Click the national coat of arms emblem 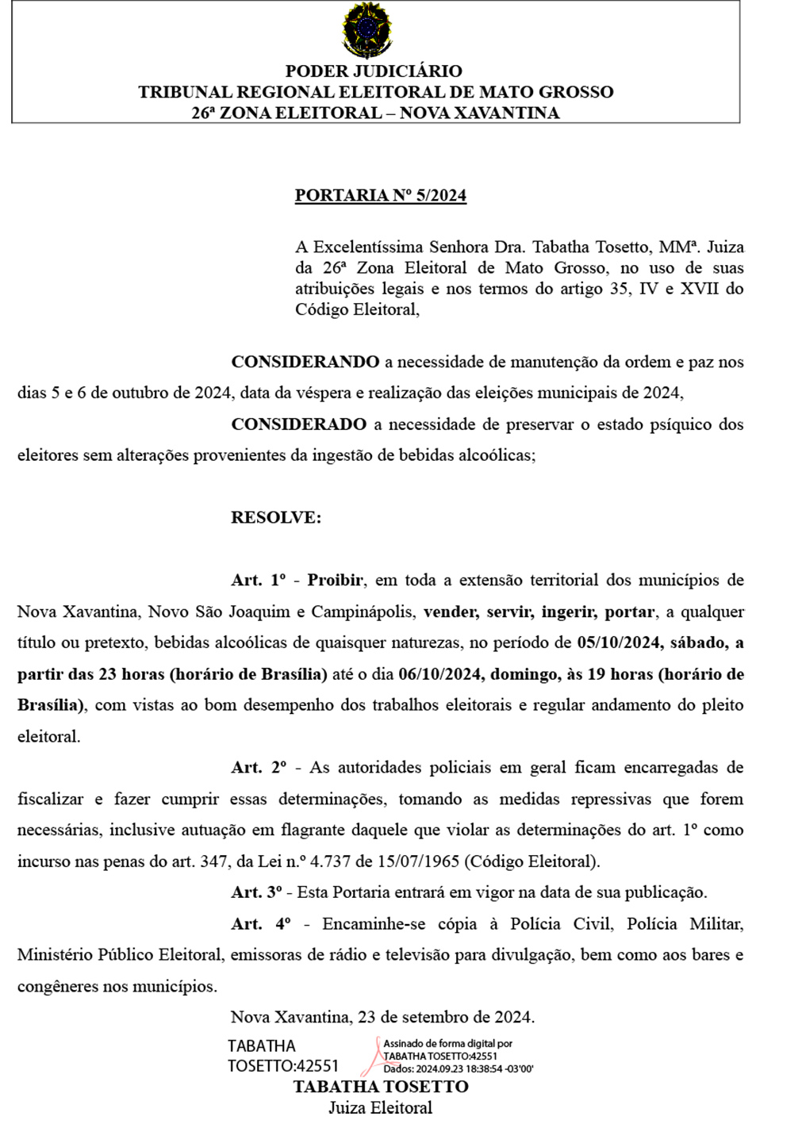point(366,31)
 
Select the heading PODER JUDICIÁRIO point(374,71)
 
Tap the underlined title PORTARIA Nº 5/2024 point(380,196)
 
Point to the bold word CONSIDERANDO point(305,363)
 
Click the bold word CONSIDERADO point(298,424)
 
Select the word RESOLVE point(275,518)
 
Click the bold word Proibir point(335,581)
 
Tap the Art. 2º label point(259,768)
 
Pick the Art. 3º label point(256,892)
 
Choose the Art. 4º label point(260,924)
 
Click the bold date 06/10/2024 point(440,674)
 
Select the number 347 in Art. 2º point(213,861)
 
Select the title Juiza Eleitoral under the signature point(380,1108)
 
